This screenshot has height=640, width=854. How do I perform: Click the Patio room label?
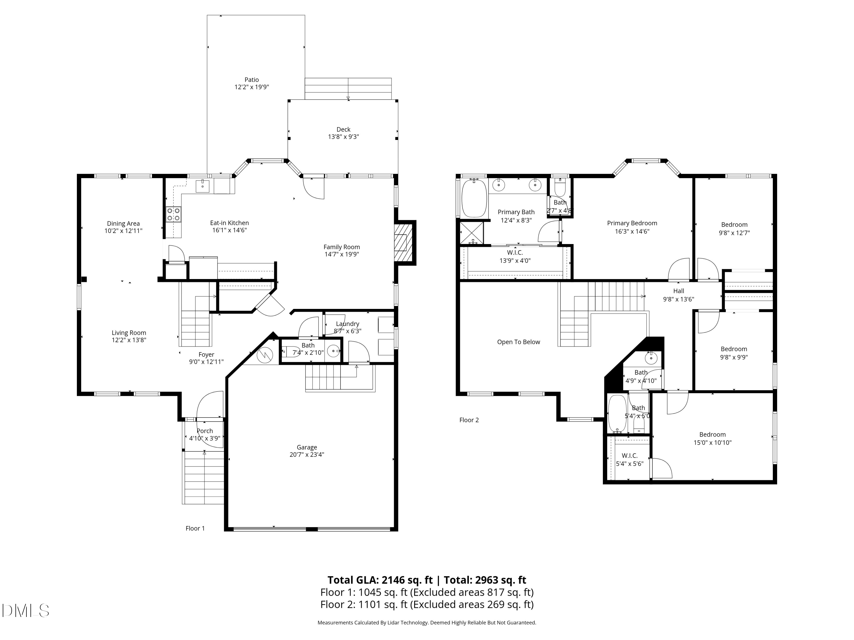(252, 80)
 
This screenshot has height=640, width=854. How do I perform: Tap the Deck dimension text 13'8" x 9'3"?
(344, 137)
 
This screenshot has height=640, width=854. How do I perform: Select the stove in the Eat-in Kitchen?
(173, 214)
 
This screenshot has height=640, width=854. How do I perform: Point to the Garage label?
(307, 447)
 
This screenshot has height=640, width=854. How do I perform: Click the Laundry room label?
(348, 324)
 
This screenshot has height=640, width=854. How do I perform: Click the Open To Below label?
(518, 342)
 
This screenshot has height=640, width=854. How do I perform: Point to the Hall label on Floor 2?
(679, 291)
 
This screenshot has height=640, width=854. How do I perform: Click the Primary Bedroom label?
(632, 223)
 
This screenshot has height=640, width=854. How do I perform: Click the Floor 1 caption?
(195, 528)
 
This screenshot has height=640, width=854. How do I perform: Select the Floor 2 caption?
(469, 420)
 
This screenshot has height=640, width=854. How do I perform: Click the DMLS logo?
(26, 610)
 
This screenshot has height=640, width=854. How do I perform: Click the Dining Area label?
(124, 224)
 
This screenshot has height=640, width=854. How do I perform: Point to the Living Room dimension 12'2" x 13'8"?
(129, 340)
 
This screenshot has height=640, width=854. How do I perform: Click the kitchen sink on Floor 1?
(203, 186)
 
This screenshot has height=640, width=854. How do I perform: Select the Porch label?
(205, 431)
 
